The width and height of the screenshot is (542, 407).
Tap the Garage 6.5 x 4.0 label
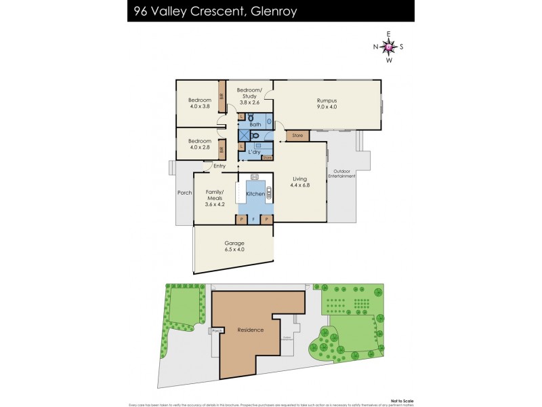[234, 246]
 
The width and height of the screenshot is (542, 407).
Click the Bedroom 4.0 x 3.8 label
[199, 104]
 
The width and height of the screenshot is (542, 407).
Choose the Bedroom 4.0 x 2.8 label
[199, 144]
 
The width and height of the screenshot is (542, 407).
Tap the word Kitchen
[255, 195]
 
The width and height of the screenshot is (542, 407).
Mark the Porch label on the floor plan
[184, 192]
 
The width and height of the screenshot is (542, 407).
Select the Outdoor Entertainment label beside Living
[341, 174]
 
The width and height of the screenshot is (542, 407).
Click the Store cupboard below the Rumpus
[297, 136]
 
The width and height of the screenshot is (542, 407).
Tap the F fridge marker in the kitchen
[253, 220]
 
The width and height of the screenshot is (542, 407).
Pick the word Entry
[220, 166]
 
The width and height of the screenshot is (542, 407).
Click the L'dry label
[254, 152]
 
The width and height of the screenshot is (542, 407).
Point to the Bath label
[255, 125]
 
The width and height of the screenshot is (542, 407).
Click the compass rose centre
[388, 47]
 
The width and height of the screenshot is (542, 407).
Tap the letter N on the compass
[375, 47]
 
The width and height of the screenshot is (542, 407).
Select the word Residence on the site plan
[250, 330]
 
